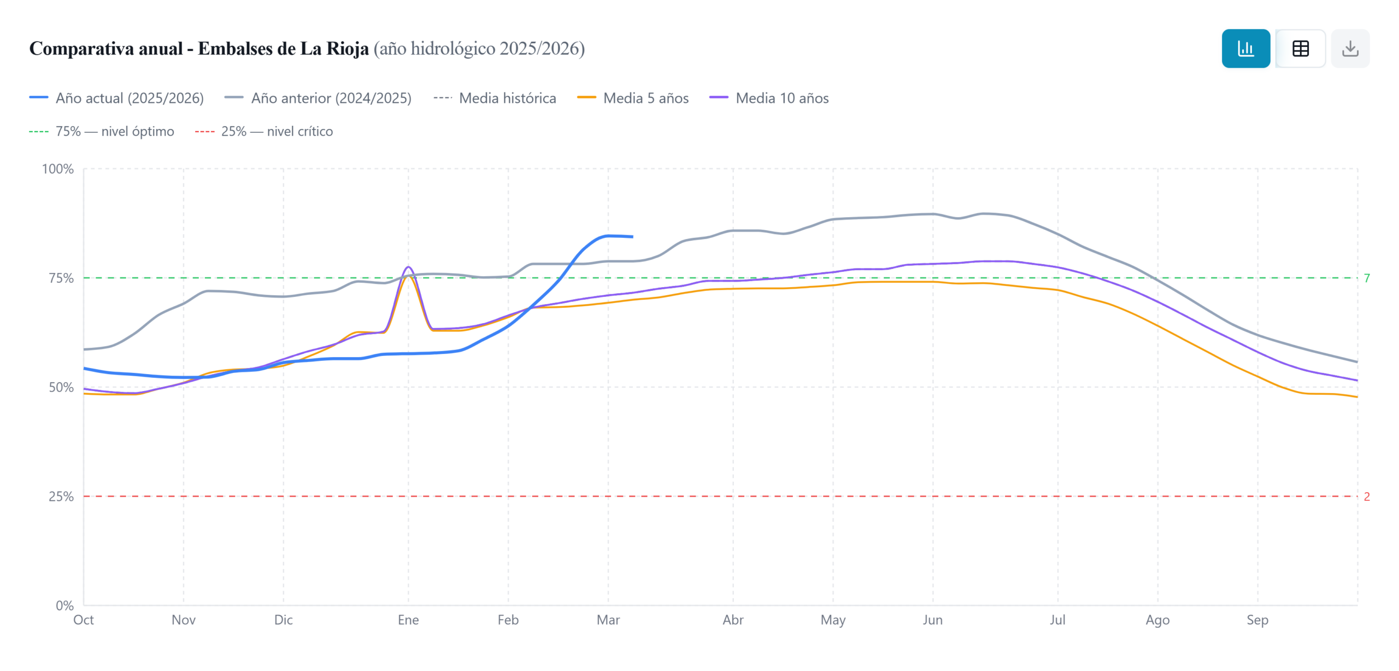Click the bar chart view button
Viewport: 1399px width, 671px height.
point(1245,49)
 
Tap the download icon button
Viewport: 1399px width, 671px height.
point(1349,49)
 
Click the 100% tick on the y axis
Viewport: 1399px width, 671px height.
point(58,169)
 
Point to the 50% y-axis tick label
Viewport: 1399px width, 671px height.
point(61,388)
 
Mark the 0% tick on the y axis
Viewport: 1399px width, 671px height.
point(64,606)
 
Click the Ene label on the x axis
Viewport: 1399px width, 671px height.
point(408,620)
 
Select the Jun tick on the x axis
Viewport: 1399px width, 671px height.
point(932,620)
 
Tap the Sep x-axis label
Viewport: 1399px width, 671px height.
point(1257,620)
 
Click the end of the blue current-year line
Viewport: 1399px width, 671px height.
point(632,237)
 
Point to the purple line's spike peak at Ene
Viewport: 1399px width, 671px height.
point(408,267)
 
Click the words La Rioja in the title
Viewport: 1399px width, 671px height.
point(334,49)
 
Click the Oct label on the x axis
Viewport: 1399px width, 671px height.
point(84,620)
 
